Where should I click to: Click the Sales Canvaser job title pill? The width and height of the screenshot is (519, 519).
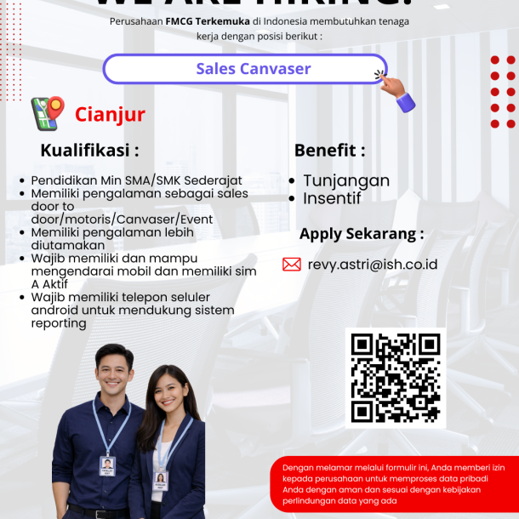[x=245, y=69]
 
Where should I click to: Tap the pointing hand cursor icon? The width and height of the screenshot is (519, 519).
[x=396, y=90]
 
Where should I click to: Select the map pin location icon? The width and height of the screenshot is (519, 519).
[x=48, y=113]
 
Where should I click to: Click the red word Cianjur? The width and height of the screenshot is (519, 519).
[x=110, y=115]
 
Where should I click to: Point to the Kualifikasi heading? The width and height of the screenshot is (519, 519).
[x=89, y=151]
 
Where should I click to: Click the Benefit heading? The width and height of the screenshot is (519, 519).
[x=329, y=151]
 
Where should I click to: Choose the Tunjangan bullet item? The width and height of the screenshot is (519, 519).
[x=346, y=180]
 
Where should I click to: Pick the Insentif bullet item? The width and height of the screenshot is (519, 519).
[x=332, y=198]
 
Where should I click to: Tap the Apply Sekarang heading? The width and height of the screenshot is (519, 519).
[x=361, y=234]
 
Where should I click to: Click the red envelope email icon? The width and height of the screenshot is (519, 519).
[x=292, y=265]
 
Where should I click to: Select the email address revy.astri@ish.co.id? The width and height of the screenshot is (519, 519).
[x=373, y=265]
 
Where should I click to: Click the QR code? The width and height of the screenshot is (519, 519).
[x=396, y=378]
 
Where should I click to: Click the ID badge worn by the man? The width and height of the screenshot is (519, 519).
[x=107, y=465]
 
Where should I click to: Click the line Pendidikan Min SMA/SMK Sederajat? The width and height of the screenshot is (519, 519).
[x=136, y=180]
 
